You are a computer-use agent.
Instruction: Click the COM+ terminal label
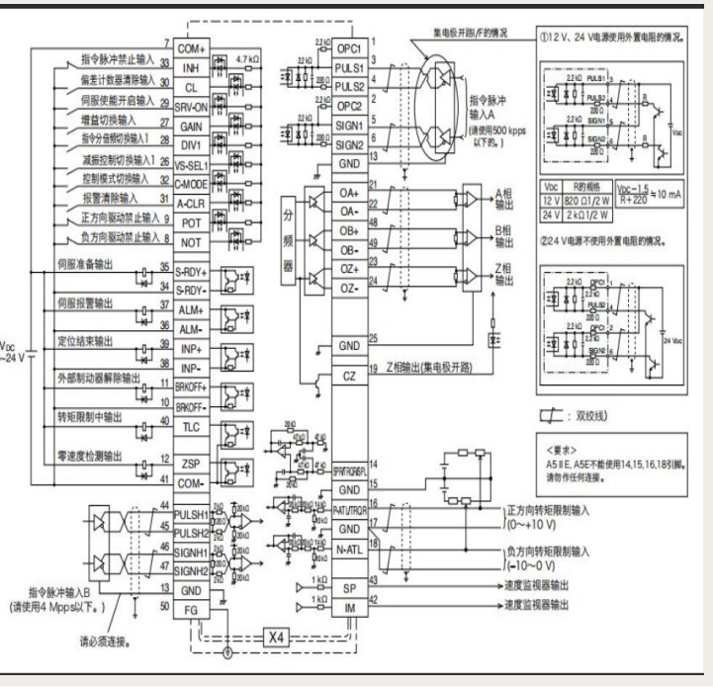(191, 46)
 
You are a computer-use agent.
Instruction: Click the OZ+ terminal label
(349, 269)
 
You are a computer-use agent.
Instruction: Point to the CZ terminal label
(349, 376)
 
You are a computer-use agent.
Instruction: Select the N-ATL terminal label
(349, 549)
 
